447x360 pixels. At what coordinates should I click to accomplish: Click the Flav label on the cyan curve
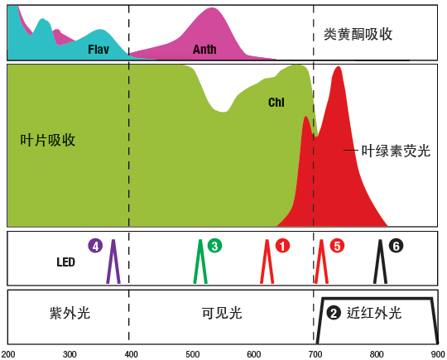(x=99, y=50)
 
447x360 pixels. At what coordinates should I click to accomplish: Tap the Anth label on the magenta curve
(x=204, y=50)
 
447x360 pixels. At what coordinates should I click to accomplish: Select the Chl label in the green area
(x=276, y=103)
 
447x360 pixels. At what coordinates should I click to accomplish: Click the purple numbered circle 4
(x=95, y=246)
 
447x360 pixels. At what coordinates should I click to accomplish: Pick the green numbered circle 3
(x=214, y=246)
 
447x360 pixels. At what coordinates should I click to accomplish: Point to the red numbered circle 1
(x=282, y=246)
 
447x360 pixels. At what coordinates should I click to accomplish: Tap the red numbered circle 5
(x=337, y=246)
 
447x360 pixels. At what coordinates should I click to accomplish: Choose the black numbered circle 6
(x=396, y=246)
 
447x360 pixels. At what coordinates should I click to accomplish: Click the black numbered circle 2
(x=334, y=313)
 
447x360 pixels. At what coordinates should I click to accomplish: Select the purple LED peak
(x=113, y=241)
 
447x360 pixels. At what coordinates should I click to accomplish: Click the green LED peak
(x=200, y=241)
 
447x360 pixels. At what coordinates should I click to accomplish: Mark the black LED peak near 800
(x=380, y=241)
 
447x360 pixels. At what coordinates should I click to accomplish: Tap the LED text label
(x=66, y=262)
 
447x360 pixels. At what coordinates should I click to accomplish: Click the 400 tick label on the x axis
(x=131, y=354)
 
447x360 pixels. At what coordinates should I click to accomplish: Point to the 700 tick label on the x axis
(x=315, y=354)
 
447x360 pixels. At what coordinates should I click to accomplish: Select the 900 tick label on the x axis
(x=439, y=354)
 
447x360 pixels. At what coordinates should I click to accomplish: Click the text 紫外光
(x=70, y=313)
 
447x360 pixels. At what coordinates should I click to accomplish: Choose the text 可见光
(x=222, y=313)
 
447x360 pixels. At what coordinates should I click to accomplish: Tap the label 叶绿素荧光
(x=396, y=151)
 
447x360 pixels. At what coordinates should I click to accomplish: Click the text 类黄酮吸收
(x=358, y=35)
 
